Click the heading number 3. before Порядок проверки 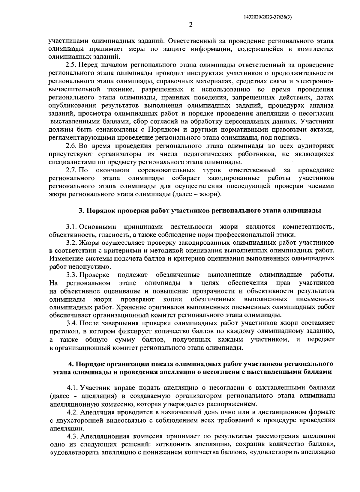coord(81,211)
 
